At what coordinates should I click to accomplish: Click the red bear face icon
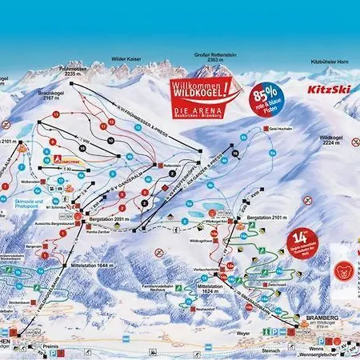344,270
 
